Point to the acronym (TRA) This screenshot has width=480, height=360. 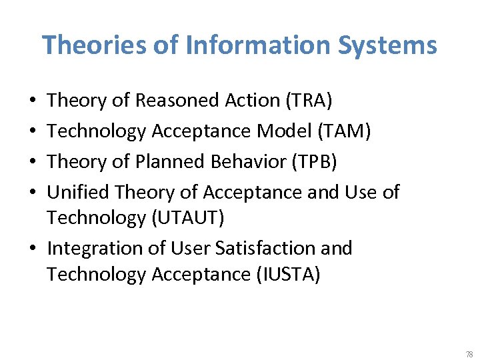(309, 101)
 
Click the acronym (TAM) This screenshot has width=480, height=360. (345, 131)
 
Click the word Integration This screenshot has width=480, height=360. (93, 249)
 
